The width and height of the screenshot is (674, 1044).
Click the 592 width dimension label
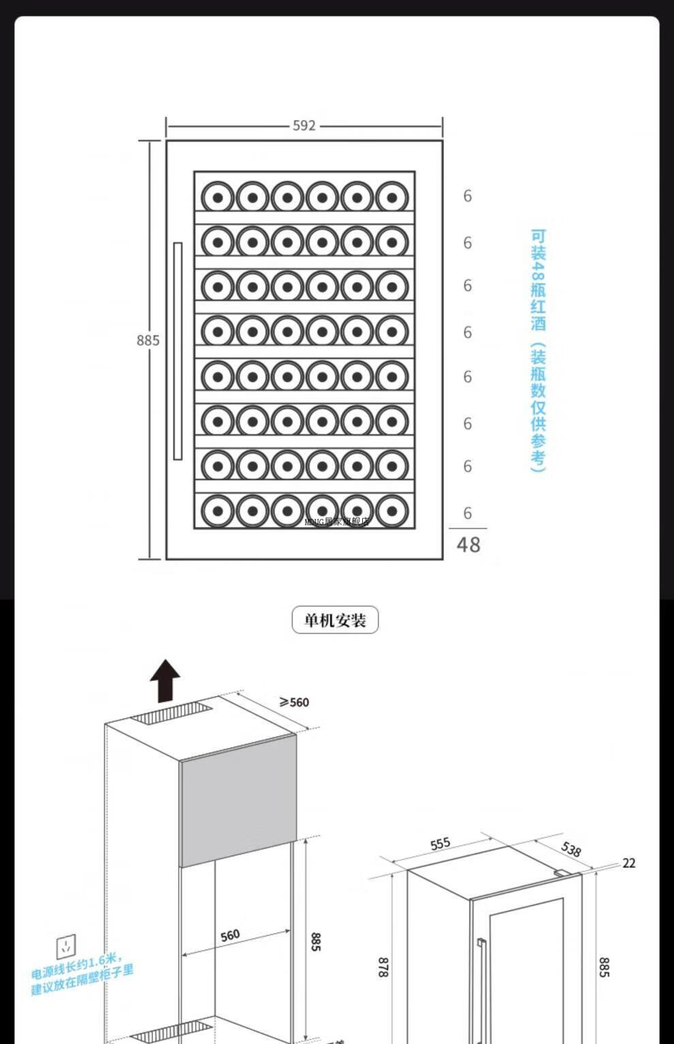[304, 126]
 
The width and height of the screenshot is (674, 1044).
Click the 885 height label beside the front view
[148, 341]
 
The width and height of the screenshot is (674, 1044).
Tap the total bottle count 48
[468, 545]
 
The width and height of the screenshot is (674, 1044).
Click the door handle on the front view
[178, 351]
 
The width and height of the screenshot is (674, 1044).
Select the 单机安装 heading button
[335, 620]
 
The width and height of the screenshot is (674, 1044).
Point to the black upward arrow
[165, 680]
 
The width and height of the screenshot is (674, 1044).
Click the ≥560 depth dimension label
[294, 702]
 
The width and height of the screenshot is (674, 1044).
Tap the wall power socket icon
[66, 946]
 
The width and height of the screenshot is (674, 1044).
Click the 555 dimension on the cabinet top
[440, 844]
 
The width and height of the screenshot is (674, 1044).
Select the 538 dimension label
[571, 849]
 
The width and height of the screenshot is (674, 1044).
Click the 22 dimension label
[629, 864]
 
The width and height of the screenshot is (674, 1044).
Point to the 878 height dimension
[383, 967]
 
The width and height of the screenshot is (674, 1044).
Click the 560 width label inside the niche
[230, 935]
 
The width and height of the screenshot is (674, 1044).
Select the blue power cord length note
[82, 974]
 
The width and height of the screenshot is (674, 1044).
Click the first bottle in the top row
[218, 197]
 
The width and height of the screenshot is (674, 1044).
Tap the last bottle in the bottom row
[392, 511]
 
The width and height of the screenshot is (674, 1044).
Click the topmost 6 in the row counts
[468, 196]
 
